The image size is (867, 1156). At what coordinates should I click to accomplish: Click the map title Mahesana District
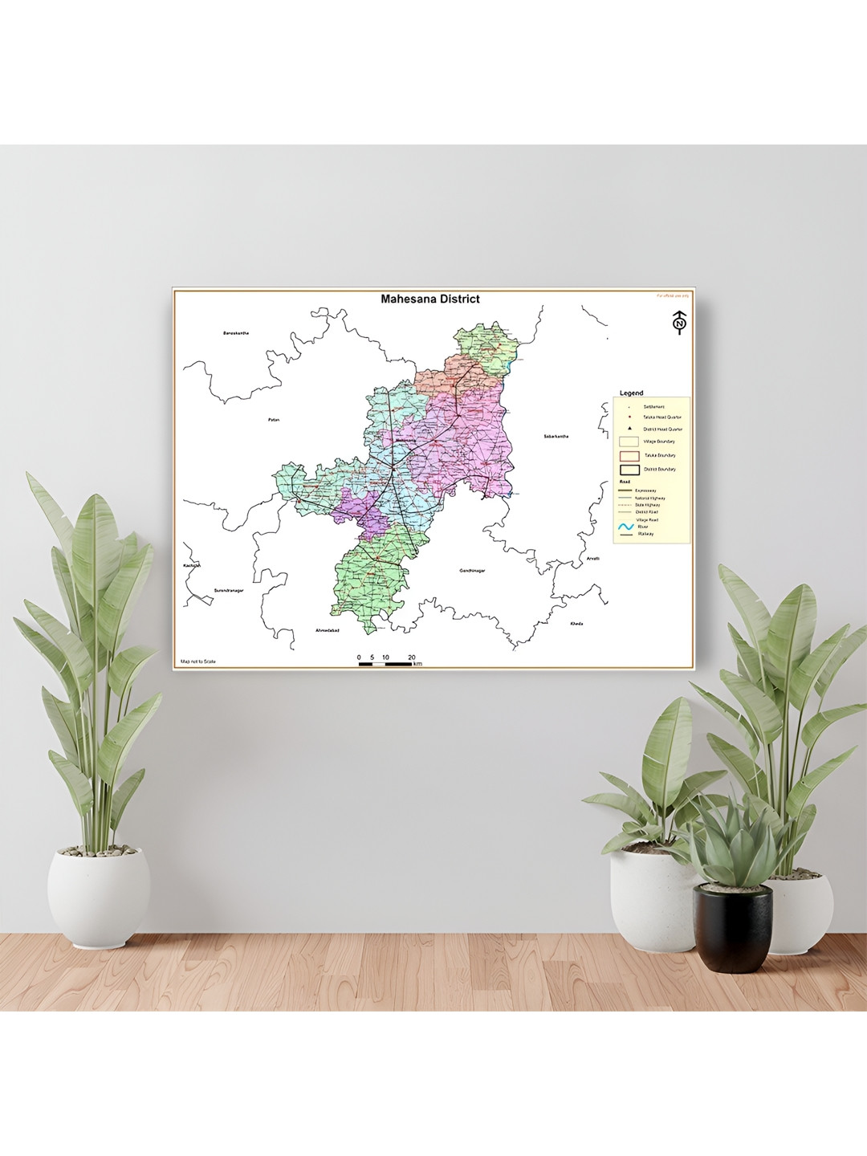point(430,299)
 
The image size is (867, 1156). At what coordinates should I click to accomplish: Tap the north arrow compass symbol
point(680,322)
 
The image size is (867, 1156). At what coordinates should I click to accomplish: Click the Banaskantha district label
point(236,333)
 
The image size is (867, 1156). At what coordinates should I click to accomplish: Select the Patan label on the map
point(273,420)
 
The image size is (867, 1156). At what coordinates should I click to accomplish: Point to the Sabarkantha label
point(556,436)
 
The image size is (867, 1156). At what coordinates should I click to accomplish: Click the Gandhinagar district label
point(474,571)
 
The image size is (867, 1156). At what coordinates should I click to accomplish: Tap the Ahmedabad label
point(328,630)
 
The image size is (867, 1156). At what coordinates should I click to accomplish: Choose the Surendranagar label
point(228,590)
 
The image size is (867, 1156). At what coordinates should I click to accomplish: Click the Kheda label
point(576,624)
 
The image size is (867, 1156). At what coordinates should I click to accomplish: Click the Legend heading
point(631,393)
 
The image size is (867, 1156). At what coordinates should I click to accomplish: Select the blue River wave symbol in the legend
point(626,527)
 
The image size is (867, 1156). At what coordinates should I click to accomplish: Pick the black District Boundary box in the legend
point(629,469)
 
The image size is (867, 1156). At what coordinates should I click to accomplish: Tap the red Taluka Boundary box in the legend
point(629,455)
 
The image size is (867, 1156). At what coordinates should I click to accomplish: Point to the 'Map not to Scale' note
point(198,661)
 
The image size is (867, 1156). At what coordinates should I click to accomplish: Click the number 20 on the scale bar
point(412,657)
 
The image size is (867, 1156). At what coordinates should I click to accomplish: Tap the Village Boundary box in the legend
point(629,442)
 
